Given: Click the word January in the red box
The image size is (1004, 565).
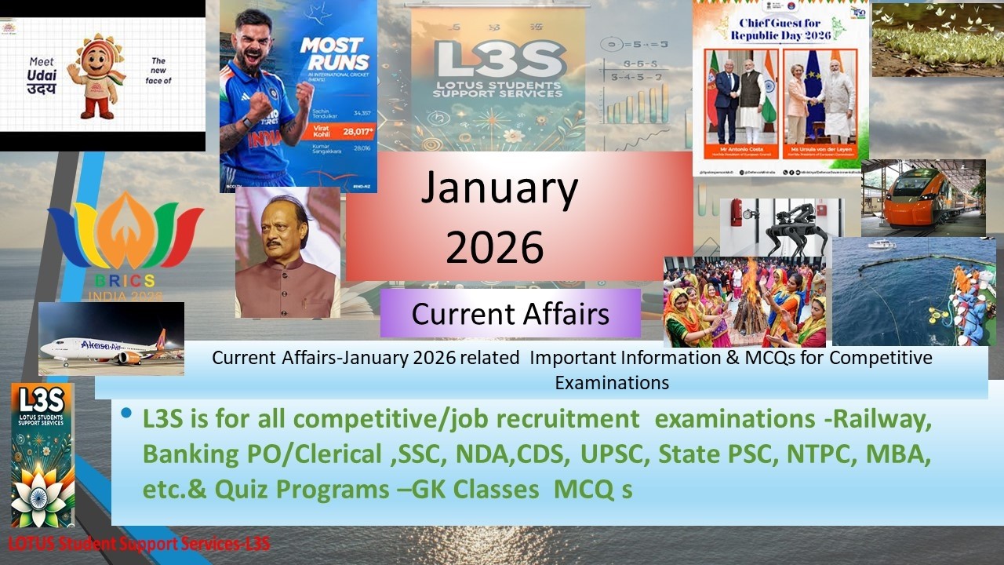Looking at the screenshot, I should pyautogui.click(x=499, y=188).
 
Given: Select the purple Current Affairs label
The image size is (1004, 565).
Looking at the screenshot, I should pyautogui.click(x=510, y=314).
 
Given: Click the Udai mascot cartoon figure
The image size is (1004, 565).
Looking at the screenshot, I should pyautogui.click(x=96, y=76).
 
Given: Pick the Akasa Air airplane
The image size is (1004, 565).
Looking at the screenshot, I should pyautogui.click(x=110, y=346).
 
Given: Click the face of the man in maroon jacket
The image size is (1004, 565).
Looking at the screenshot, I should pyautogui.click(x=286, y=233).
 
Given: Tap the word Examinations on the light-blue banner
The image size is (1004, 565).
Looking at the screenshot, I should pyautogui.click(x=612, y=383).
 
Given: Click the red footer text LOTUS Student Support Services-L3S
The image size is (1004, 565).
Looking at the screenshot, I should pyautogui.click(x=139, y=543).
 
